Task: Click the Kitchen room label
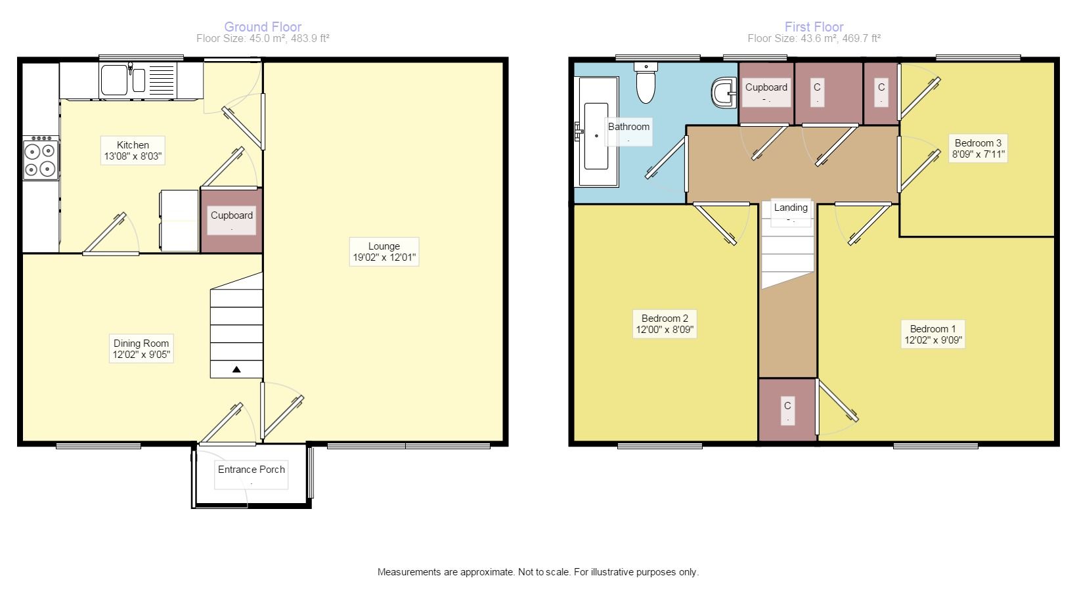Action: [x=133, y=144]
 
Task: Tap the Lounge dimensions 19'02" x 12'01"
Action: [x=384, y=257]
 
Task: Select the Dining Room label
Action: [x=141, y=343]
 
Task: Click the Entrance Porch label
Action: [x=251, y=469]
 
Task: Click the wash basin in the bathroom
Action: [x=724, y=93]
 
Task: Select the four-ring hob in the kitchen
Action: [x=41, y=158]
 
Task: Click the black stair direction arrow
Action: [x=236, y=370]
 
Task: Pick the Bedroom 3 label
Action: [x=977, y=143]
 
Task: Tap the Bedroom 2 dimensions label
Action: [x=665, y=330]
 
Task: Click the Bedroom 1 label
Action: [x=933, y=329]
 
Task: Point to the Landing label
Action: [x=791, y=207]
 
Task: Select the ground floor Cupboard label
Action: [x=231, y=215]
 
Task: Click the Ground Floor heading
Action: [x=263, y=27]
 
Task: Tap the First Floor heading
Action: [x=814, y=27]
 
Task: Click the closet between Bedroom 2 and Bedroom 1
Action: [x=787, y=410]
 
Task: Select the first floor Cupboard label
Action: [x=766, y=87]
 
